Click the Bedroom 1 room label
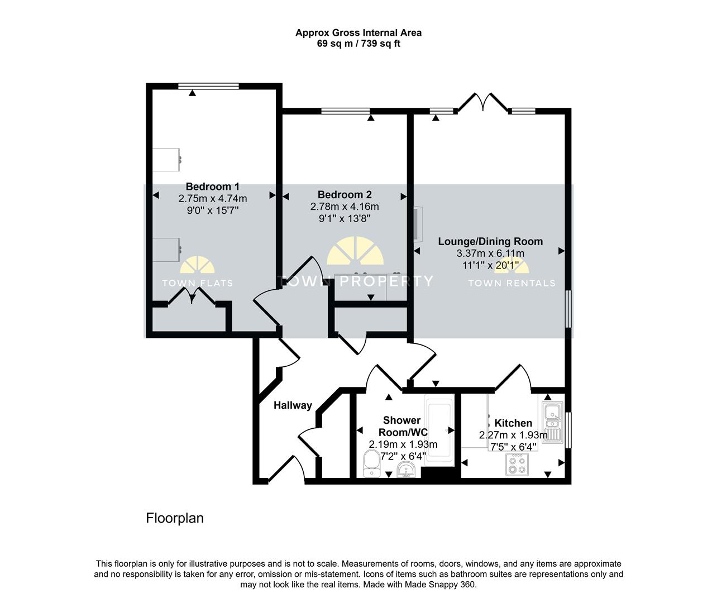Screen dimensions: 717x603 point(213,186)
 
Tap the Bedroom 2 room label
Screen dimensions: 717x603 point(345,195)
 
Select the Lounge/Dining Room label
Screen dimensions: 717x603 point(490,241)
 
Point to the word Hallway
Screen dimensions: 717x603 point(293,405)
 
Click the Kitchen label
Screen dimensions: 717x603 point(513,423)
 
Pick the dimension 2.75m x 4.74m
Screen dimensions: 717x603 point(213,198)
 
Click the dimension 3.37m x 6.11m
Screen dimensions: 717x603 point(490,253)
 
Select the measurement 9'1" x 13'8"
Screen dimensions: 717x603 point(345,218)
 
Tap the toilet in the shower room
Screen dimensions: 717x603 point(371,464)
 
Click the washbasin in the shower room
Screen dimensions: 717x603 point(406,470)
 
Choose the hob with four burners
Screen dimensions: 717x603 point(517,465)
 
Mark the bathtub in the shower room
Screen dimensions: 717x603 point(439,430)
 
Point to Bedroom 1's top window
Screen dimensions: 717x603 point(208,86)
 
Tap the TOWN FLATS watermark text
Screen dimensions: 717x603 point(198,283)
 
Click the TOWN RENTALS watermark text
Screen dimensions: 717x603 point(512,283)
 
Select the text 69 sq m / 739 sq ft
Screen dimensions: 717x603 point(358,44)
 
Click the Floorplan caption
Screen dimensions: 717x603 point(175,518)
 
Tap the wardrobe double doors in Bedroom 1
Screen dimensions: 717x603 point(192,296)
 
